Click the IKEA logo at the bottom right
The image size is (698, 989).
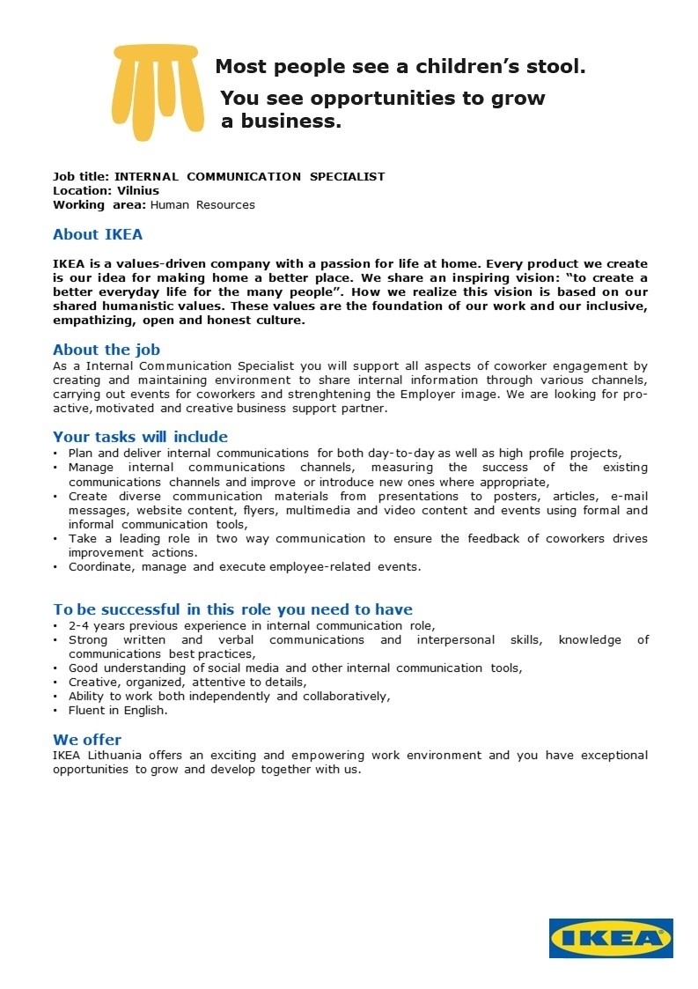coord(611,938)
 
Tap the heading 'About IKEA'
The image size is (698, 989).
coord(98,235)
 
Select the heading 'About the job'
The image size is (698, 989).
coord(107,350)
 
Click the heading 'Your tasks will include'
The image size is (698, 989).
coord(140,437)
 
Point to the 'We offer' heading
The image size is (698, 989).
coord(87,740)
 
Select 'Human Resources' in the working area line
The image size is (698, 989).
coord(202,205)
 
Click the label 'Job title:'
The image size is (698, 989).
coord(81,177)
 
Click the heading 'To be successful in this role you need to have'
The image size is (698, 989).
coord(232,609)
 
